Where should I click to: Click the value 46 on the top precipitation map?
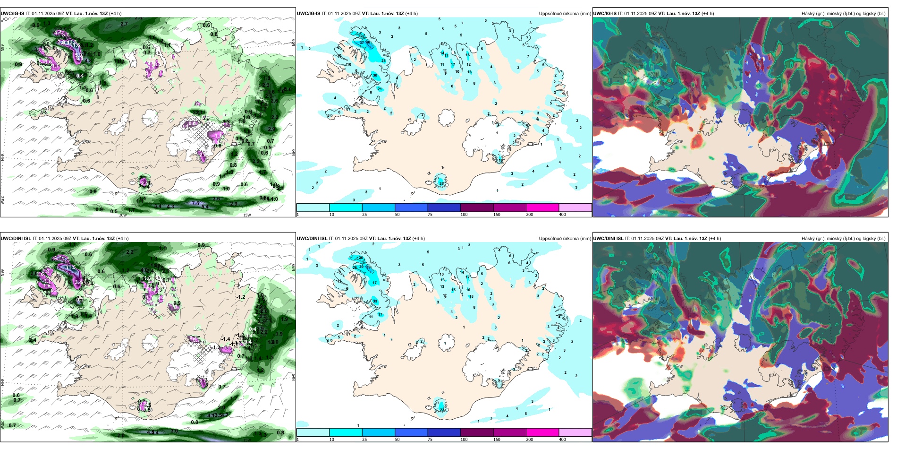click(x=368, y=43)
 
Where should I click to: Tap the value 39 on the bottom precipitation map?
click(x=369, y=267)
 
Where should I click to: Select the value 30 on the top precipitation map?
click(x=375, y=75)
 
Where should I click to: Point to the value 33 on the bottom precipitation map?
click(x=375, y=301)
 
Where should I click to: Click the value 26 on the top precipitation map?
click(x=441, y=183)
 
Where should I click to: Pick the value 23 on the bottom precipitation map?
click(x=442, y=410)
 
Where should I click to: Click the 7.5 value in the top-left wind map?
click(x=195, y=203)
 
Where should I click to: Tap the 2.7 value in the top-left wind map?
click(x=124, y=24)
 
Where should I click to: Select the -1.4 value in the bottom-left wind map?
click(x=226, y=339)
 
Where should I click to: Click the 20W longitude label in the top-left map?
click(x=123, y=215)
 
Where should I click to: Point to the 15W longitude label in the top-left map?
click(x=247, y=215)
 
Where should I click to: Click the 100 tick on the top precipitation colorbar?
click(x=464, y=215)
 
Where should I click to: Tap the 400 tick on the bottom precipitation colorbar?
click(x=562, y=440)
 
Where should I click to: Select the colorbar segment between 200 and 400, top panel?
click(x=575, y=207)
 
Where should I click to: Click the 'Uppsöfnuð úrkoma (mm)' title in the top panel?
click(x=565, y=14)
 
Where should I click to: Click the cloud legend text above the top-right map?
click(x=843, y=14)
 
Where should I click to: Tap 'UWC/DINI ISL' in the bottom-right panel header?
click(x=608, y=239)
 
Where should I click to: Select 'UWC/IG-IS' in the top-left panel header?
click(x=12, y=14)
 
